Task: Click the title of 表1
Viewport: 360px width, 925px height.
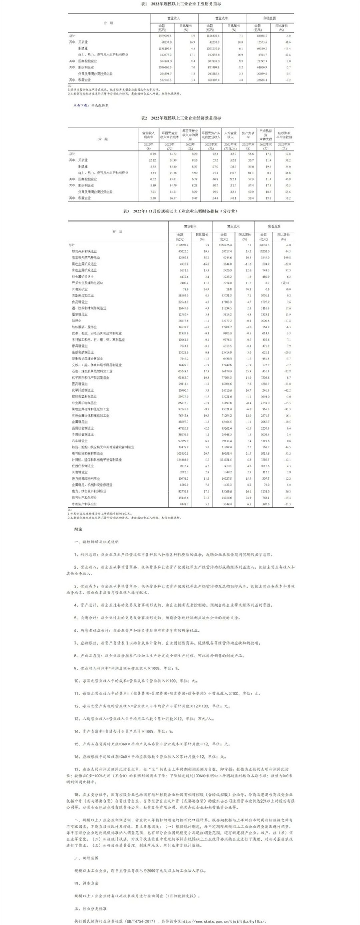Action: pyautogui.click(x=181, y=4)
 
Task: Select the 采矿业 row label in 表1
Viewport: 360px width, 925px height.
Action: pyautogui.click(x=84, y=42)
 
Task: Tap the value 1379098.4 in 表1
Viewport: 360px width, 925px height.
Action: pyautogui.click(x=165, y=36)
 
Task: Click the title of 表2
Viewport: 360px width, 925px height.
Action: pyautogui.click(x=181, y=118)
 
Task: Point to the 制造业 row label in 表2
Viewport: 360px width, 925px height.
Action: pyautogui.click(x=83, y=166)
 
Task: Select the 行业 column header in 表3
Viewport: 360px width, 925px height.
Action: pyautogui.click(x=118, y=231)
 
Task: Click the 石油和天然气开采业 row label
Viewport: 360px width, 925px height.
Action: pyautogui.click(x=86, y=258)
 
